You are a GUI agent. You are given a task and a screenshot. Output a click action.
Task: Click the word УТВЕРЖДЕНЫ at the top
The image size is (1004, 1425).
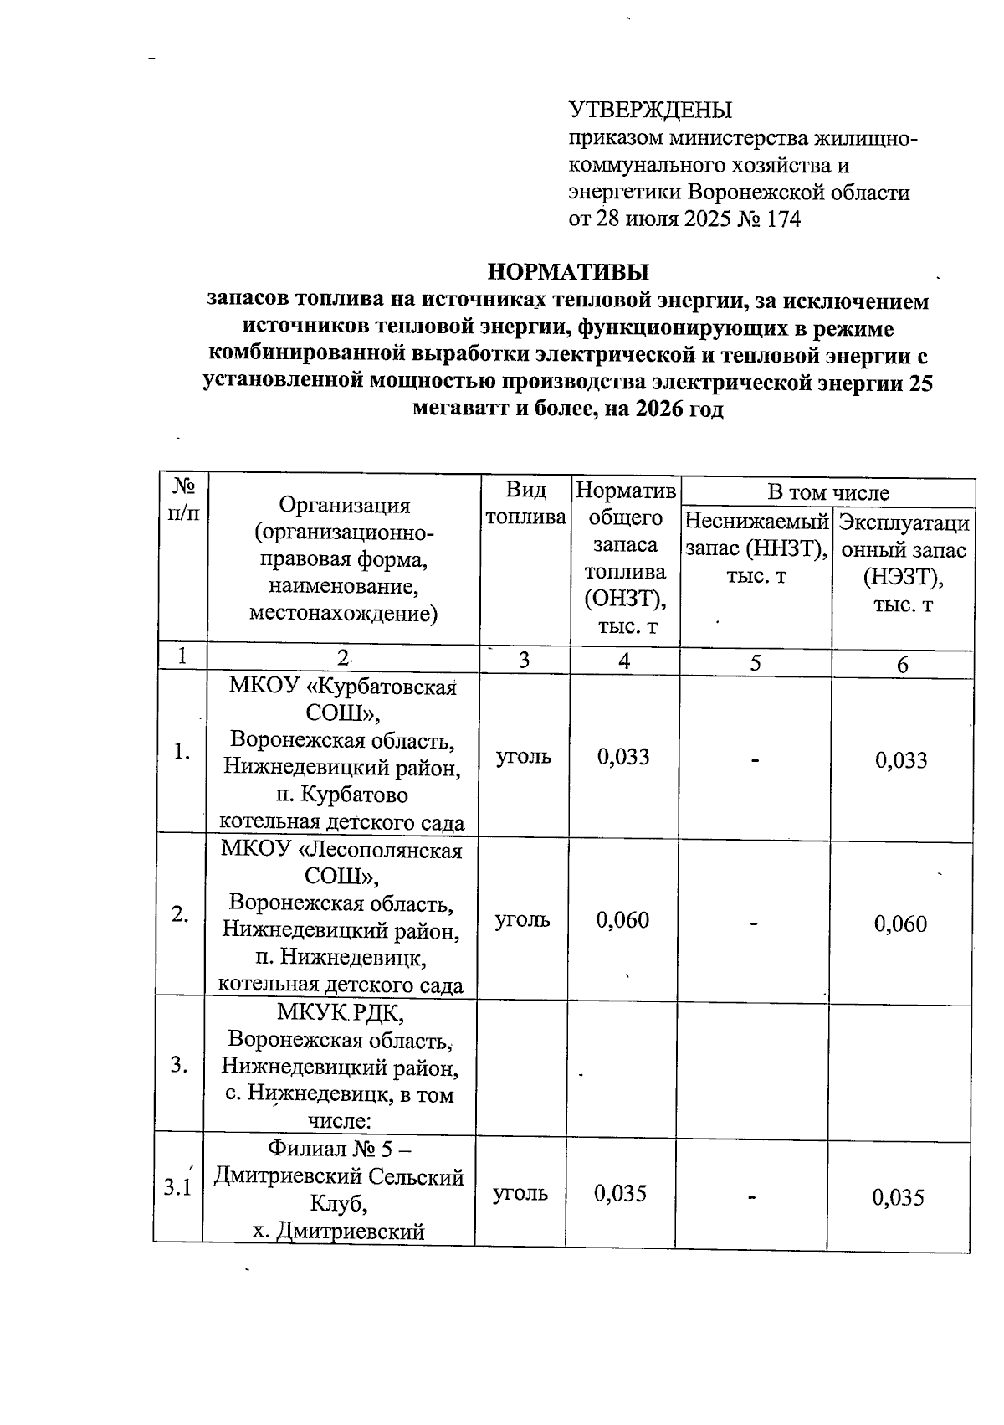click(x=650, y=111)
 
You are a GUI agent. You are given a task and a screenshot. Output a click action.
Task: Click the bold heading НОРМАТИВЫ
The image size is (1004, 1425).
click(x=568, y=273)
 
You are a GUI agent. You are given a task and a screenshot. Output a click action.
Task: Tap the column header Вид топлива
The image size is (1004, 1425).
click(x=525, y=503)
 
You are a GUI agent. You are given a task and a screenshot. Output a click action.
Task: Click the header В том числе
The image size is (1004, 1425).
click(x=827, y=493)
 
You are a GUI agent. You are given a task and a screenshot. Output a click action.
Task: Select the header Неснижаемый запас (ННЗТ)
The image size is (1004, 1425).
click(x=756, y=548)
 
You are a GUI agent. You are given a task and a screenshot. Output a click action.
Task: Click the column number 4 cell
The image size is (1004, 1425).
click(x=624, y=661)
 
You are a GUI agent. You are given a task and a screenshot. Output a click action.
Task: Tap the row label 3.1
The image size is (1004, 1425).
click(x=177, y=1187)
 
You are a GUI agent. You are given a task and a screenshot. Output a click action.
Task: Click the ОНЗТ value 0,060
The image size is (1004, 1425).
click(x=623, y=920)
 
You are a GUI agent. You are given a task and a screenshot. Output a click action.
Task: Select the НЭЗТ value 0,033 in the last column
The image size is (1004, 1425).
click(x=901, y=760)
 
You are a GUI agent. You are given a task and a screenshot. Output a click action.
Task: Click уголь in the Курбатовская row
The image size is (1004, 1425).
click(x=524, y=757)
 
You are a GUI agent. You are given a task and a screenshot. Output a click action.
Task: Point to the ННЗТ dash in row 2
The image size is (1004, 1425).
click(x=754, y=923)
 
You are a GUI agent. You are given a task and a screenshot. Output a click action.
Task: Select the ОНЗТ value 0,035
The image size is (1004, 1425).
click(x=621, y=1193)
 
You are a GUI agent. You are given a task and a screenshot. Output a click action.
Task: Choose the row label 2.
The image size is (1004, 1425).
click(x=179, y=914)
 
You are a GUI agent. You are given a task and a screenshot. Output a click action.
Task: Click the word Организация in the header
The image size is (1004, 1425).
click(x=344, y=506)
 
